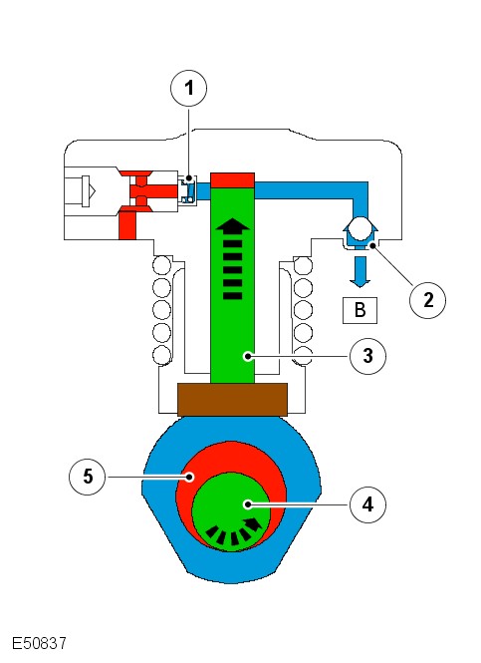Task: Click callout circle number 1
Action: pyautogui.click(x=189, y=88)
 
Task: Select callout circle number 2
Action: pyautogui.click(x=428, y=300)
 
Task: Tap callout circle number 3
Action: pyautogui.click(x=367, y=356)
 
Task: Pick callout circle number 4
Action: pyautogui.click(x=367, y=504)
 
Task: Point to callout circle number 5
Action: pyautogui.click(x=88, y=477)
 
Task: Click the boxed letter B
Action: pyautogui.click(x=360, y=310)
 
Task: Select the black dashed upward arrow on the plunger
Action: pyautogui.click(x=233, y=259)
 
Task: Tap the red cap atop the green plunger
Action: pyautogui.click(x=233, y=180)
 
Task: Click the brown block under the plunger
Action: pyautogui.click(x=233, y=400)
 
